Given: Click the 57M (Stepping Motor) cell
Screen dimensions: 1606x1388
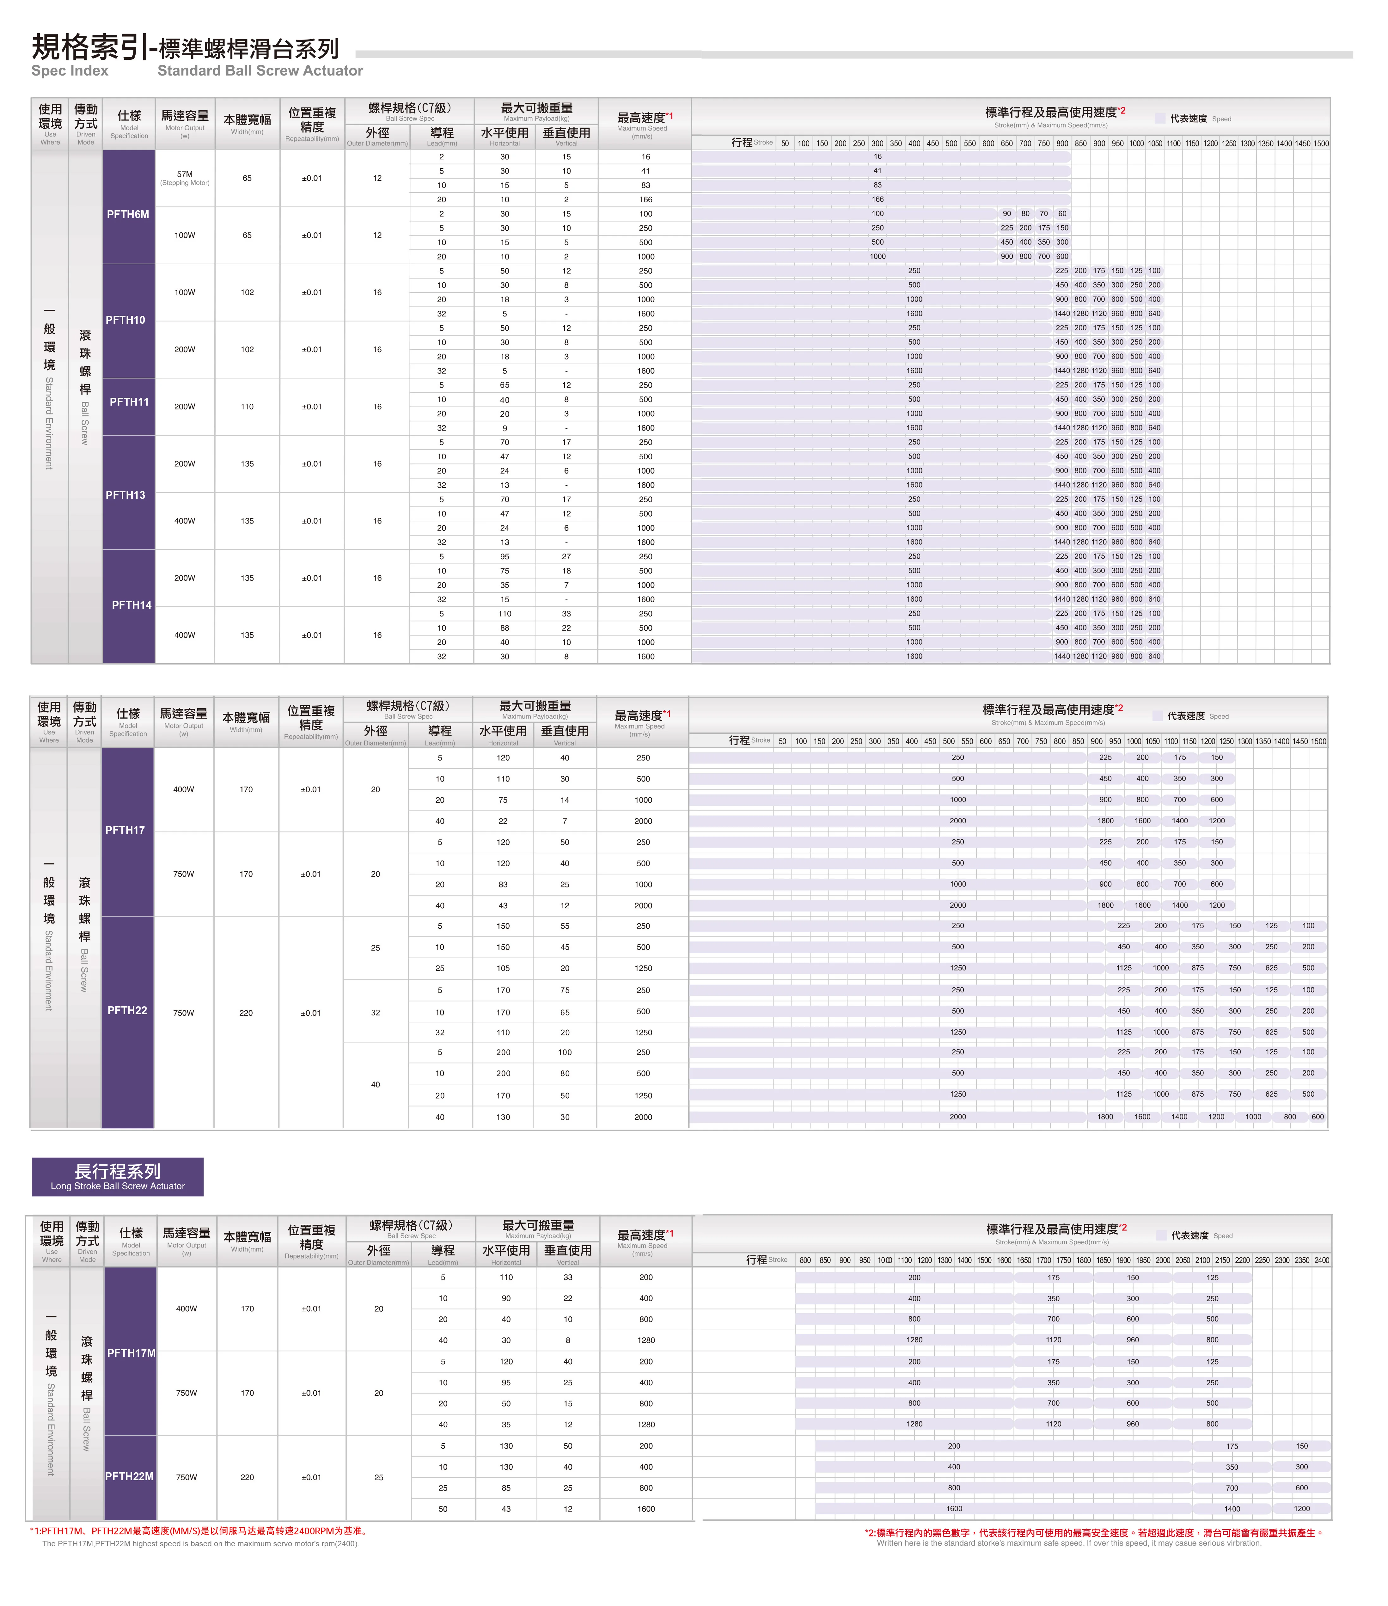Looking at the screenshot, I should click(x=185, y=177).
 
